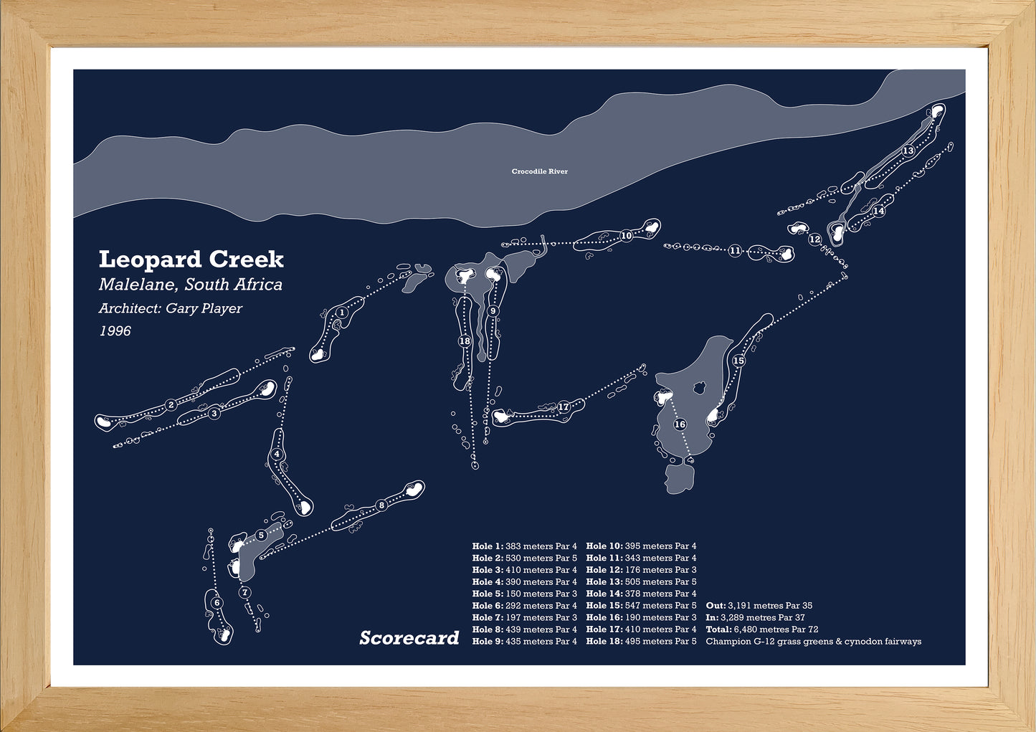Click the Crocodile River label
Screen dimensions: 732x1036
coord(539,171)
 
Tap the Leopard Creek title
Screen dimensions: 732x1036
coord(191,259)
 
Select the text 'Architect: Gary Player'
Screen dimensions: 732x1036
coord(170,308)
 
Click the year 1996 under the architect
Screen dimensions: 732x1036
coord(115,331)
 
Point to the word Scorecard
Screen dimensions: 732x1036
coord(409,637)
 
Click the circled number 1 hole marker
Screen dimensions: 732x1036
coord(342,313)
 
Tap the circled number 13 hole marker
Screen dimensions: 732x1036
coord(908,151)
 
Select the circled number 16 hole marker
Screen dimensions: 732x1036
coord(680,424)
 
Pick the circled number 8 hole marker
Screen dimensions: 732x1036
coord(381,505)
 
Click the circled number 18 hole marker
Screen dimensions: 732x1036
coord(465,341)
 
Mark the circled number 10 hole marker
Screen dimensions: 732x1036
coord(627,235)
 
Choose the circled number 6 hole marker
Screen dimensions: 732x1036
coord(217,603)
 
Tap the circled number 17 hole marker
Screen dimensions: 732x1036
coord(564,407)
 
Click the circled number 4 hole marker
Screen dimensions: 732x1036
coord(277,455)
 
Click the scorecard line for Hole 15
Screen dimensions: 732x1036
coord(641,606)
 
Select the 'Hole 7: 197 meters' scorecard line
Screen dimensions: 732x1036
coord(524,617)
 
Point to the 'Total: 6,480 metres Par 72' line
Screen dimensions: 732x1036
coord(761,629)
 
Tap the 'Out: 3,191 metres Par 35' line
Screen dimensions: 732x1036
coord(759,606)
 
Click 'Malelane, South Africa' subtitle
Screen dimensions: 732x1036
coord(190,285)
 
